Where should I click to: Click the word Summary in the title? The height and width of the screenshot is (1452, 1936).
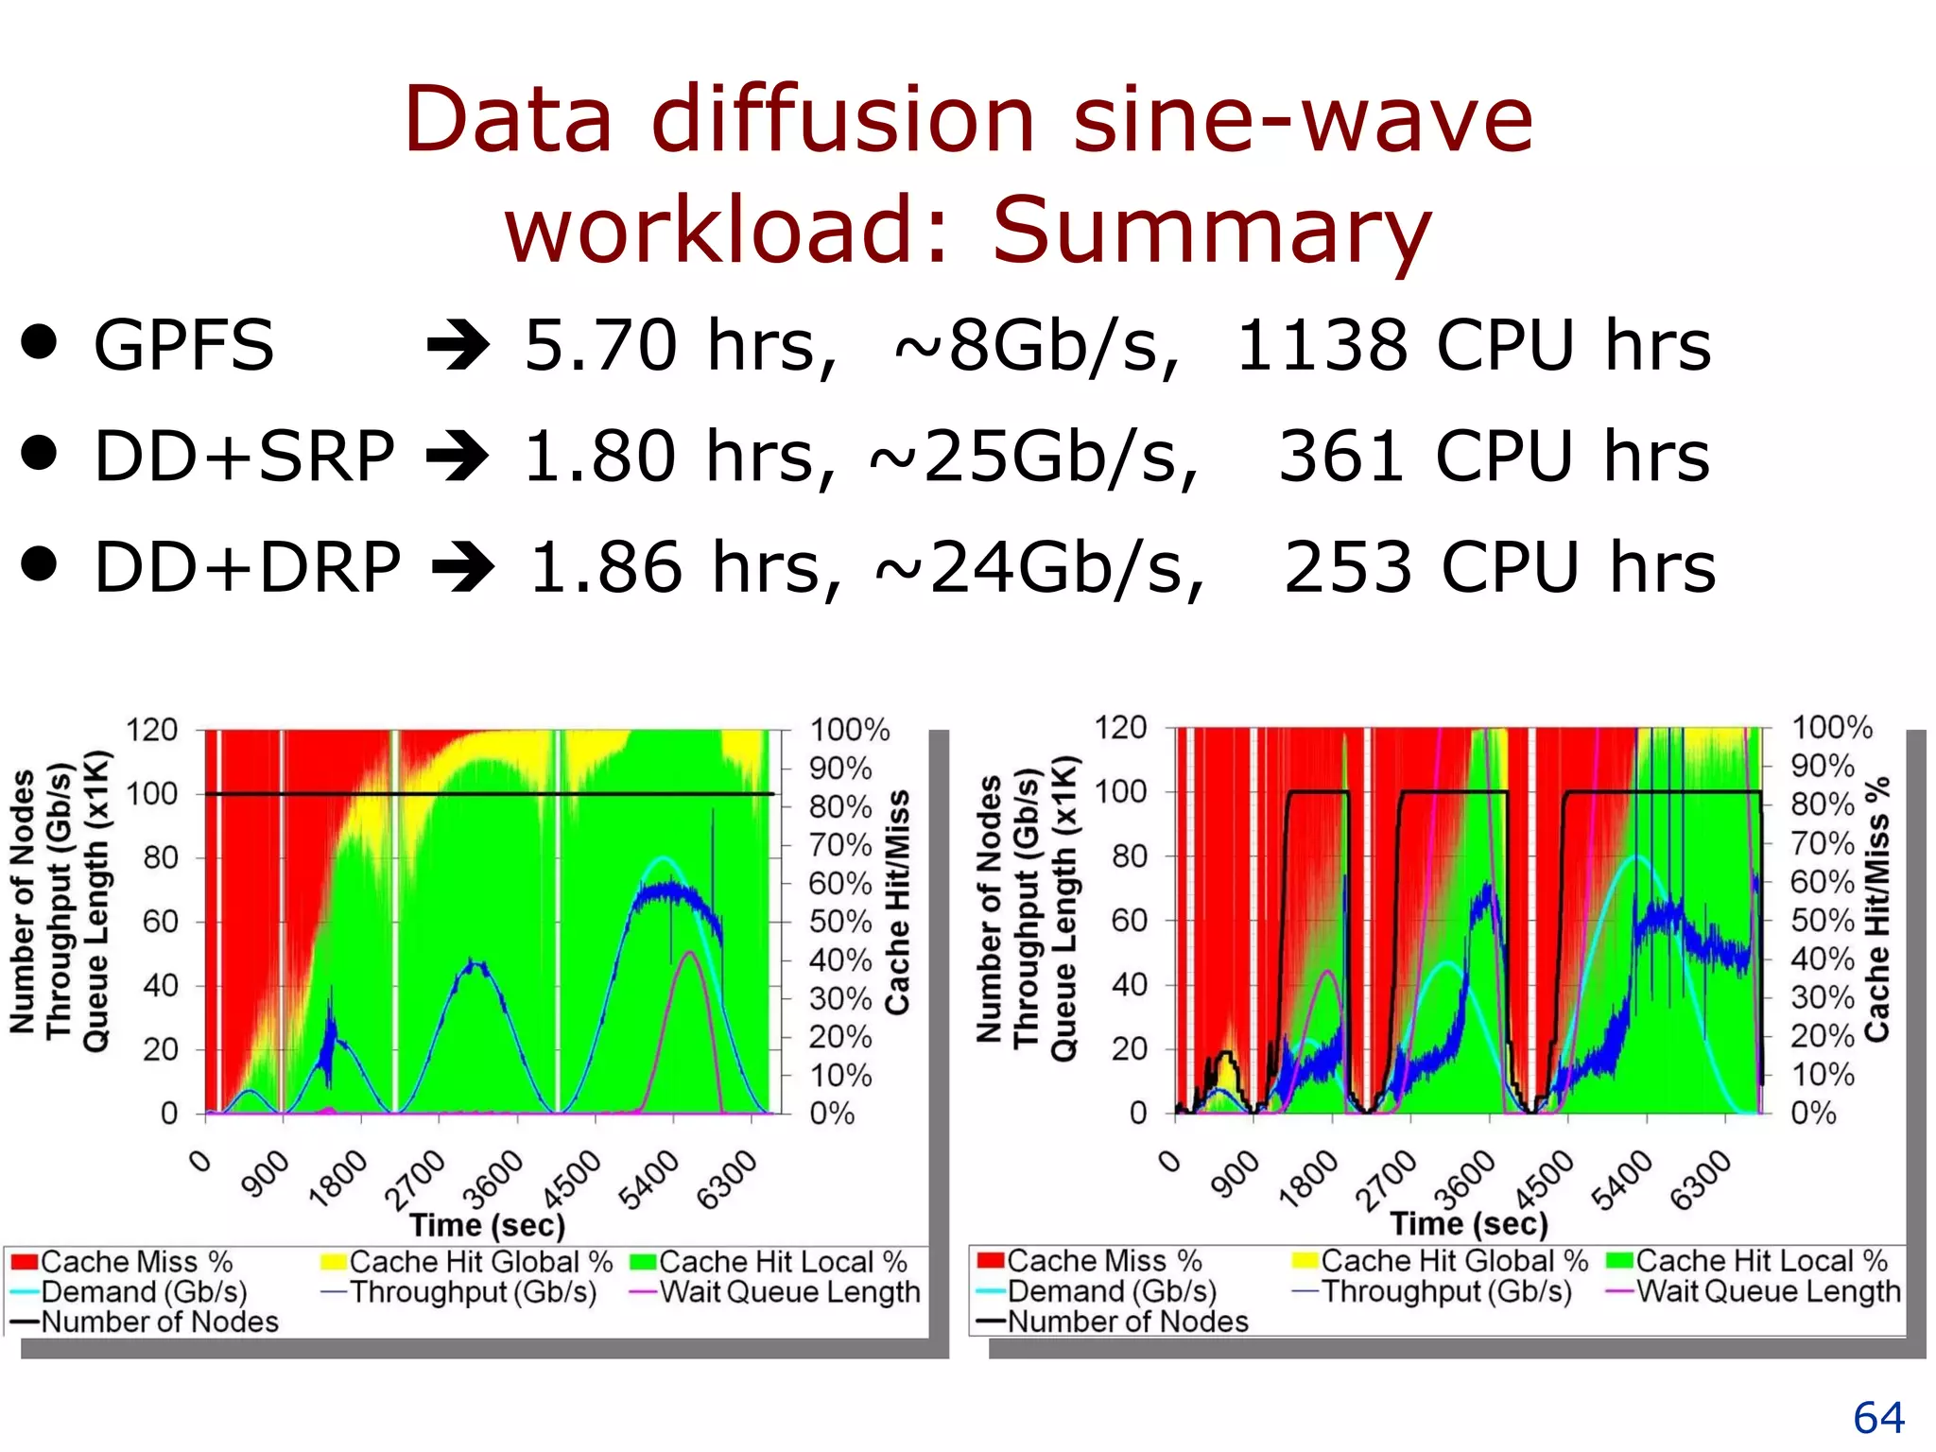pos(1212,230)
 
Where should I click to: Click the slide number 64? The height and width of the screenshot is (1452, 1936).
pos(1878,1418)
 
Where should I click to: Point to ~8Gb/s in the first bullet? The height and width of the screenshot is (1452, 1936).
pos(1035,346)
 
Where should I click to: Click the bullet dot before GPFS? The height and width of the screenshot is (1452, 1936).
pos(40,342)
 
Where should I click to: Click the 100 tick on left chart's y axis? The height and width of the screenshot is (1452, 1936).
pos(152,794)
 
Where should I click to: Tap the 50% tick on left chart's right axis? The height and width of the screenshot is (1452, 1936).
pos(840,922)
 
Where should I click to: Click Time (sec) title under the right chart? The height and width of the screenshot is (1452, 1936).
pos(1468,1224)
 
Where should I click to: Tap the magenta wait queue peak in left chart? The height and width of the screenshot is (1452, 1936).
pos(690,953)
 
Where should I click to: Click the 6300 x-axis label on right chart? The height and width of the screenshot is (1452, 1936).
pos(1700,1180)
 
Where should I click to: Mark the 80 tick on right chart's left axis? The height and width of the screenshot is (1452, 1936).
pos(1129,856)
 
